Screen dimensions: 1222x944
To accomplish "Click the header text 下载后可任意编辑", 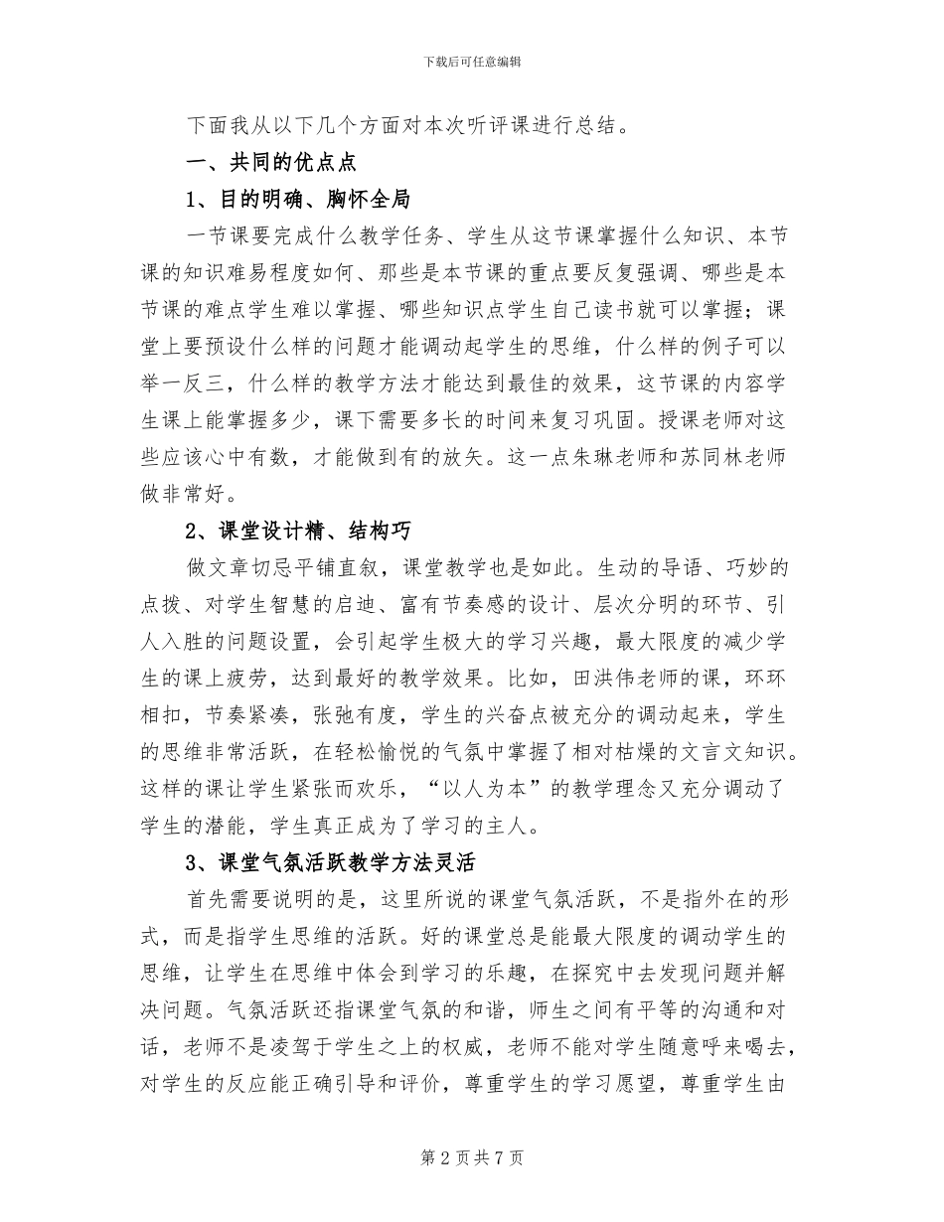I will (x=472, y=62).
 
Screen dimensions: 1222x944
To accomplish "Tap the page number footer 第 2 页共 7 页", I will (x=472, y=1157).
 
